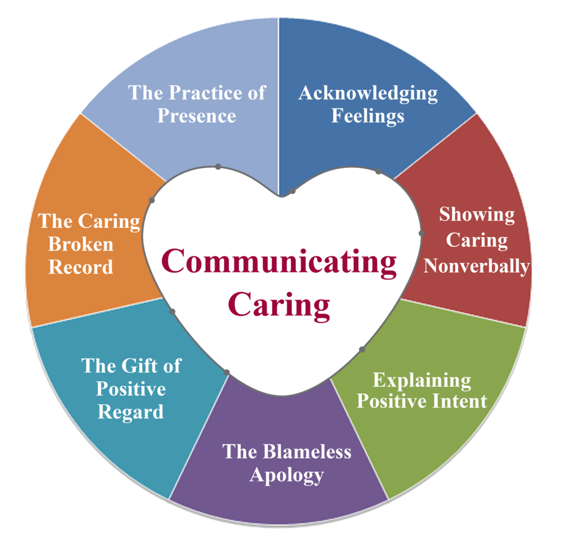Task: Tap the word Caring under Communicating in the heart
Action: [x=279, y=304]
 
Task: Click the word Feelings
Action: [x=368, y=116]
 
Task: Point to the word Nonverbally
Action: [x=476, y=266]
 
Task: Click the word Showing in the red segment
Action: [x=477, y=215]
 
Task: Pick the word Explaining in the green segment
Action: [x=422, y=380]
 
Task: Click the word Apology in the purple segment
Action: [x=286, y=475]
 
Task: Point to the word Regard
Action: [x=130, y=412]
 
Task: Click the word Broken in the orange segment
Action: [x=81, y=244]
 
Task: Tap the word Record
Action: [x=81, y=267]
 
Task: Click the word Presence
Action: [x=197, y=116]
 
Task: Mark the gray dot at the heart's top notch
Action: [x=292, y=191]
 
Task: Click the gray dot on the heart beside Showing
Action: [x=422, y=233]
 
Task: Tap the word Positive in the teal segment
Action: [x=130, y=389]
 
